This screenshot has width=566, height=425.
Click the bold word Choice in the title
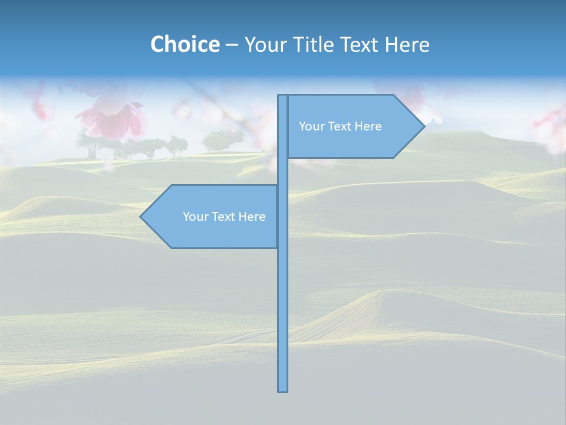click(185, 44)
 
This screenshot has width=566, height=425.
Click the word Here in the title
click(407, 44)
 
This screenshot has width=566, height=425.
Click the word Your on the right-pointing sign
click(311, 126)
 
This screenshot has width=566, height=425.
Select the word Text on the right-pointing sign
click(340, 126)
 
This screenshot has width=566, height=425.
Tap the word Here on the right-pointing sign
click(368, 126)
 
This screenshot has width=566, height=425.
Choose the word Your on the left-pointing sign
click(195, 217)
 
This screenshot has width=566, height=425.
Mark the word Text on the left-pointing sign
click(224, 217)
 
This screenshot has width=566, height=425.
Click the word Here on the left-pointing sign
click(252, 217)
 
